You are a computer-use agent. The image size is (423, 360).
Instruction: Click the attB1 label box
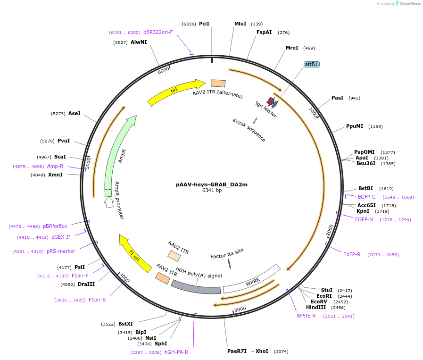(311, 64)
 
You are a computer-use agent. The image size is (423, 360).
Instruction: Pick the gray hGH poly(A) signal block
(195, 287)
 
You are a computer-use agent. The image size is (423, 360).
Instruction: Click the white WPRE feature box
(252, 279)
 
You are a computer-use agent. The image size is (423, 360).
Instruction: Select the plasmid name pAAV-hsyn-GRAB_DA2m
(211, 184)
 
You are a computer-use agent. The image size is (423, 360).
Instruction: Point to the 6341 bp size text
(212, 191)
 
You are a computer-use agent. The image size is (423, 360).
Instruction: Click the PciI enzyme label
(204, 24)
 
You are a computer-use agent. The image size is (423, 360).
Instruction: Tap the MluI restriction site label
(241, 24)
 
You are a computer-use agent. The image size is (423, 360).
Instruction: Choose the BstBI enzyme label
(365, 188)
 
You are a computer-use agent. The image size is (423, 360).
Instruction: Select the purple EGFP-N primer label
(364, 219)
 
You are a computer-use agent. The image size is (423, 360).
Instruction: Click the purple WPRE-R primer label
(306, 316)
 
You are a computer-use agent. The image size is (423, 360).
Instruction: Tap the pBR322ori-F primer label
(158, 32)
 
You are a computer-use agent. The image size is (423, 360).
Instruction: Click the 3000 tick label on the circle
(240, 309)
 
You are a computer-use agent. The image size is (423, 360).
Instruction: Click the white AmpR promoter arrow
(109, 202)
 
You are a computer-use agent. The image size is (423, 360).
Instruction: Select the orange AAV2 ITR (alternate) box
(218, 83)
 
